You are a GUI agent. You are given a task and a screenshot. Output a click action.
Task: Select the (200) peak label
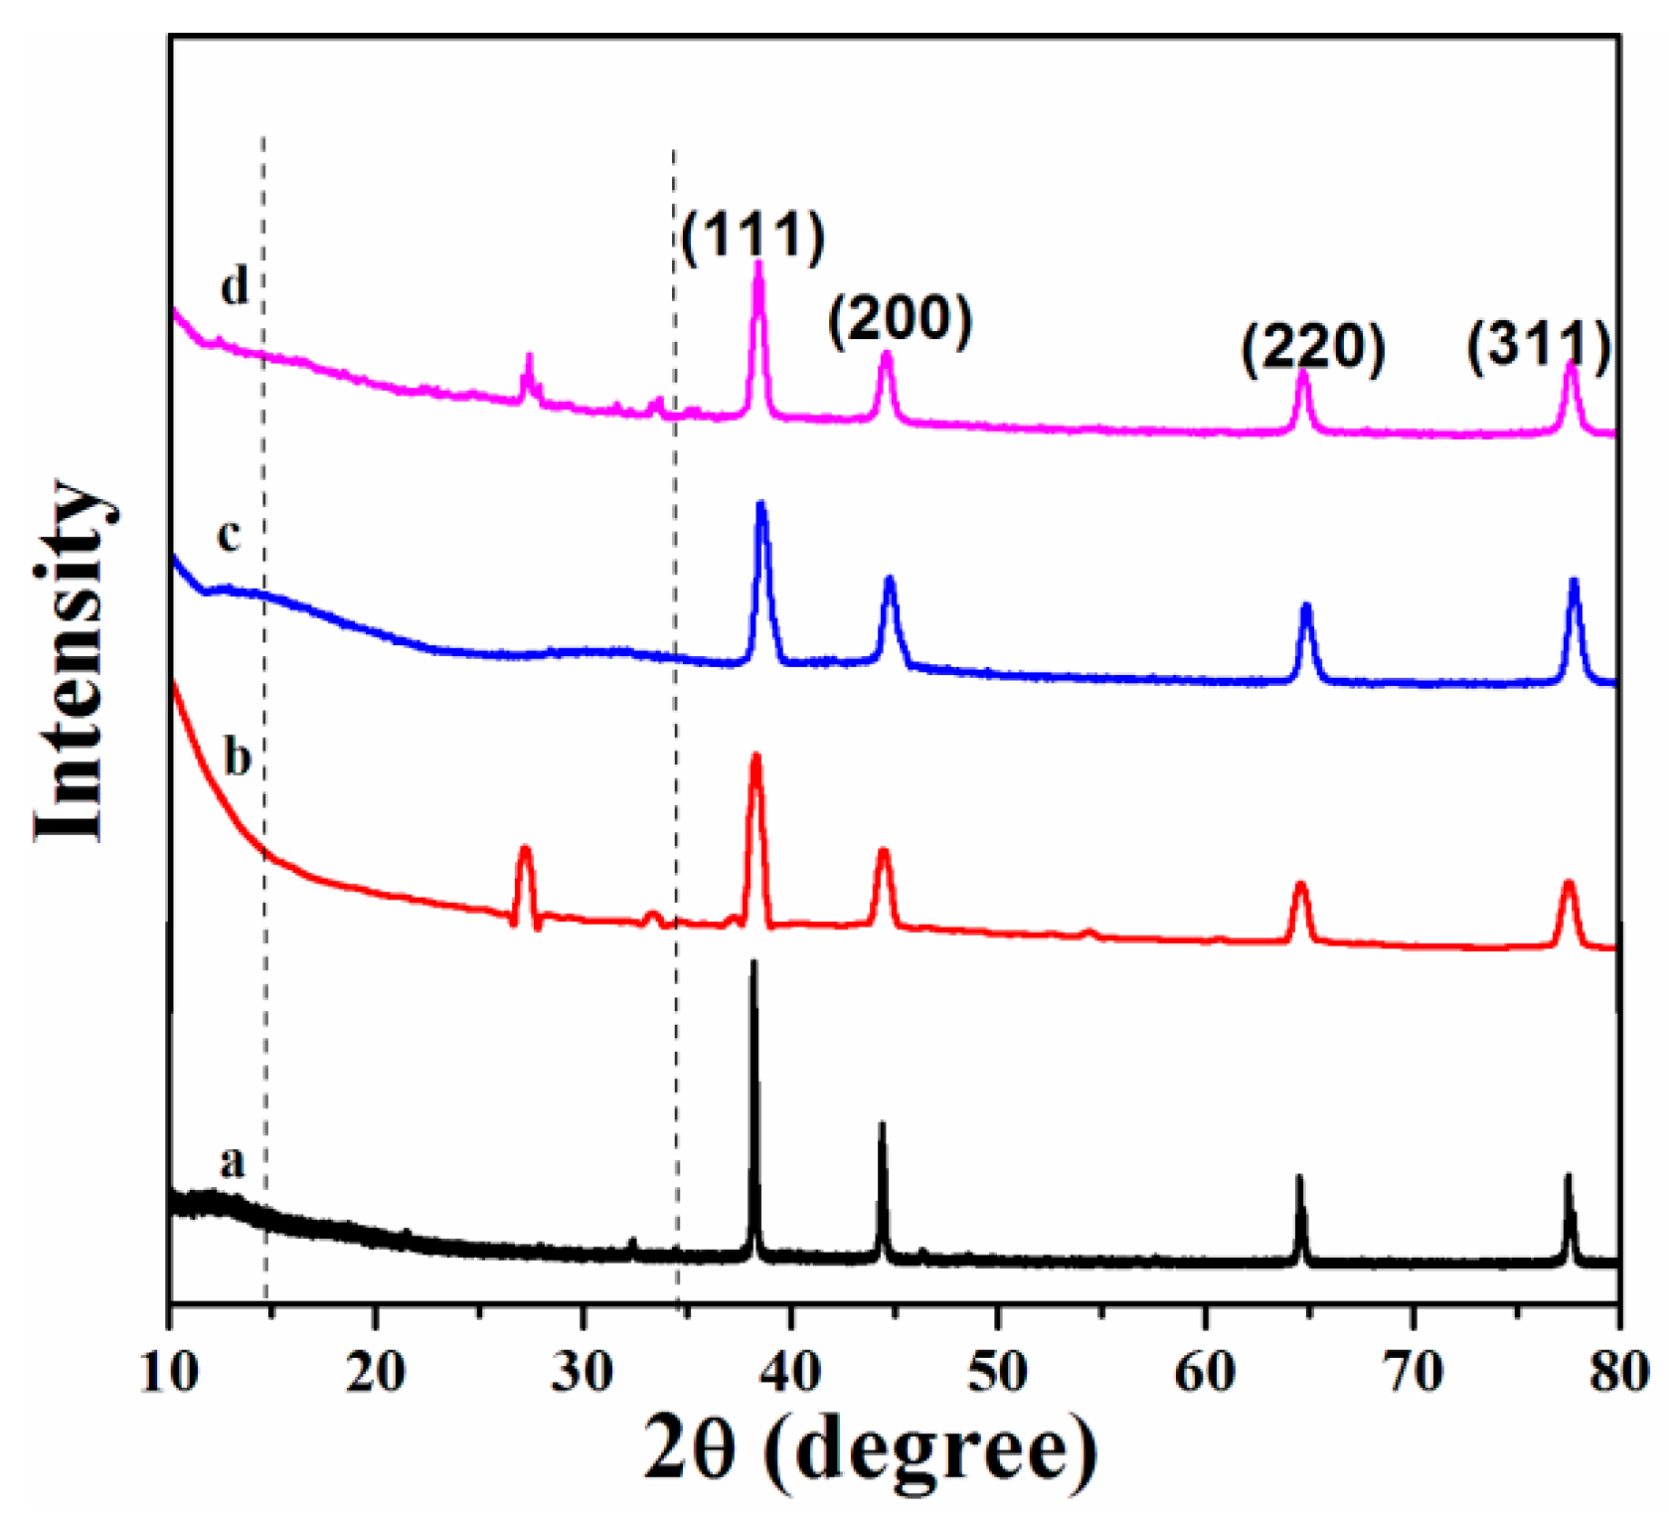tap(900, 321)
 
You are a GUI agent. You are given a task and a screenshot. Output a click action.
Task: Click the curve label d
tap(235, 287)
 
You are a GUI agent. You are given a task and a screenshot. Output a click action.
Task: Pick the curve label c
tap(229, 535)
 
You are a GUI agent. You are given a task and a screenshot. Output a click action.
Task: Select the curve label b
tap(237, 758)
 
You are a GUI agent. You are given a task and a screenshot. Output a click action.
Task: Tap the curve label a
tap(232, 1160)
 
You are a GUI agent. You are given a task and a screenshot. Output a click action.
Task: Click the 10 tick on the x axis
tap(169, 1371)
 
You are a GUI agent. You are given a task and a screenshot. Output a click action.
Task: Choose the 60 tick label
tap(1205, 1371)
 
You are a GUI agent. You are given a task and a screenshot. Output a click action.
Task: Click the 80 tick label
tap(1618, 1371)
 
